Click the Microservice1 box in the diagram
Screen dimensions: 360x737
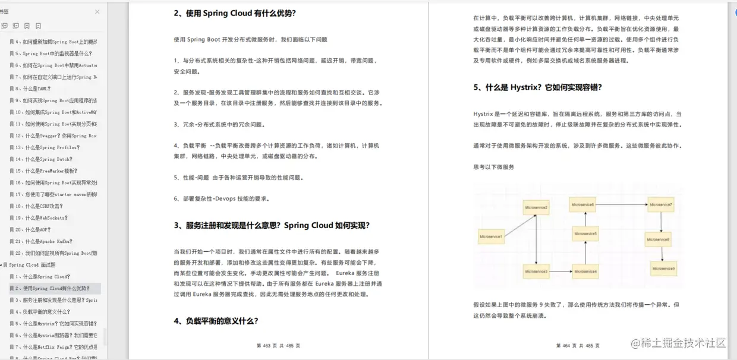[492, 238]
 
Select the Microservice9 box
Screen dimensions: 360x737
[663, 269]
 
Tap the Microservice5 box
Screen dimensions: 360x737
[585, 234]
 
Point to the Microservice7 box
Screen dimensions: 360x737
[661, 205]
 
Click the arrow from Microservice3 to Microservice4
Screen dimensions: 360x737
[560, 271]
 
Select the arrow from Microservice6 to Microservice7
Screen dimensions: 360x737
[623, 205]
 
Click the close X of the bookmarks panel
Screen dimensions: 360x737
[97, 12]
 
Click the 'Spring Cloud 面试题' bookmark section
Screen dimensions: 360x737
[32, 265]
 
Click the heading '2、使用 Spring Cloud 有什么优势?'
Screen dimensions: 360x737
[235, 13]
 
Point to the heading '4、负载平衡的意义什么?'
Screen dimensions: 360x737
[216, 321]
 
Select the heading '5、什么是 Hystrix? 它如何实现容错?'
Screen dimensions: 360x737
[537, 87]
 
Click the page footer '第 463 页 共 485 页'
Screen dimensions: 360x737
[278, 346]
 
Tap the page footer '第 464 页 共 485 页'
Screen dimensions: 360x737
[578, 346]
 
